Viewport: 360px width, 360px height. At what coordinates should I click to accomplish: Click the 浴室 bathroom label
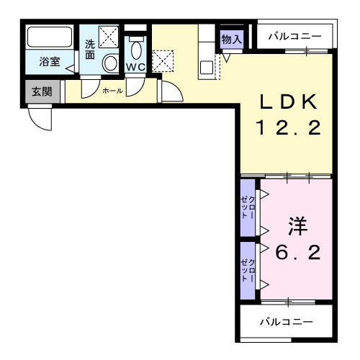(50, 62)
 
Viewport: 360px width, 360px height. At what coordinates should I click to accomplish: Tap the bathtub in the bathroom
(50, 37)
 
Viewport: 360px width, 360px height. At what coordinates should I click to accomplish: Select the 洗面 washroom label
(90, 50)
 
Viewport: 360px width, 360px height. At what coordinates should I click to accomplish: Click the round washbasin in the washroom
(111, 63)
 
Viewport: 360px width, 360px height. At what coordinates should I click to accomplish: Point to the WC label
(135, 67)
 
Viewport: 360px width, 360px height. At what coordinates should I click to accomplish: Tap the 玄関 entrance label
(42, 91)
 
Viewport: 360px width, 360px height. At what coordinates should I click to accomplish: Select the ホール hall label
(112, 91)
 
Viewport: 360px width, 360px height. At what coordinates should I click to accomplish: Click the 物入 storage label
(232, 39)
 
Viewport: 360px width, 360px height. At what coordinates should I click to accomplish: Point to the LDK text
(289, 102)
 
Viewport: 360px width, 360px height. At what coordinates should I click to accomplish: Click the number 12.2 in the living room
(289, 127)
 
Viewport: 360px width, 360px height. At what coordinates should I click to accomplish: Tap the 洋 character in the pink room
(298, 226)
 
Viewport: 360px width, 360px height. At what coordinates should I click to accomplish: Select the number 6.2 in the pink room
(298, 252)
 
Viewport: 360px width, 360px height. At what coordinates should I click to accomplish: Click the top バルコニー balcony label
(294, 37)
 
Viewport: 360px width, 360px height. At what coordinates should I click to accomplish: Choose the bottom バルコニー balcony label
(287, 322)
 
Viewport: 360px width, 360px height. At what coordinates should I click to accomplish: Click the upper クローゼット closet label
(248, 207)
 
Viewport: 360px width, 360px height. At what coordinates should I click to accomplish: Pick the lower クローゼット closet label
(248, 271)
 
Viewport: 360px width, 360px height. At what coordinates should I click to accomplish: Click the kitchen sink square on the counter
(207, 68)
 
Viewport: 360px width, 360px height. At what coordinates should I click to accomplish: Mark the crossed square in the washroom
(109, 37)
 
